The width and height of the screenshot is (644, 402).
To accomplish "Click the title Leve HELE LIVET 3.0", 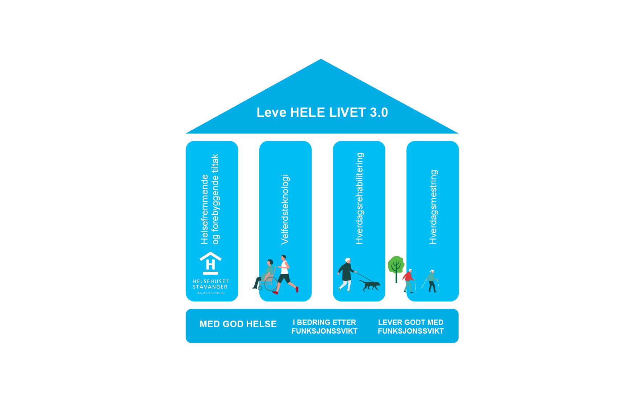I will (322, 113).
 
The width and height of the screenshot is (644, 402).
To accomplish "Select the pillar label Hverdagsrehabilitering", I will (359, 198).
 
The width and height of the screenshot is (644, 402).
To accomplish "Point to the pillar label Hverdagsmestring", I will (433, 207).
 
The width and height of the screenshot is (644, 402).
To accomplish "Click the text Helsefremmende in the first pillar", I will (205, 209).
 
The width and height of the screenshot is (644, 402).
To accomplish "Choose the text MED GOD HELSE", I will (238, 324).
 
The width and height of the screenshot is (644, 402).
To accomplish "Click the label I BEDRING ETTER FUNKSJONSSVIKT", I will (324, 327).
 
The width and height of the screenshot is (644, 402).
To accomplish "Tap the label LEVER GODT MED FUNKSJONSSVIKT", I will (410, 327).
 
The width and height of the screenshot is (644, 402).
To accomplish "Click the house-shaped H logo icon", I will (210, 263).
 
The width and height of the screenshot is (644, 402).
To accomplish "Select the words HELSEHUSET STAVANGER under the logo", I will (210, 284).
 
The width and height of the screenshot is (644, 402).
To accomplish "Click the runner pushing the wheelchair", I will (285, 273).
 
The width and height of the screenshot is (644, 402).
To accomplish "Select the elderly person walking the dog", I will (346, 274).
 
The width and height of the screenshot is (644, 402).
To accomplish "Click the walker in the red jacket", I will (409, 280).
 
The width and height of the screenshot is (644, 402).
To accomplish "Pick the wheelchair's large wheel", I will (271, 284).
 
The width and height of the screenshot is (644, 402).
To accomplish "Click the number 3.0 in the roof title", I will (379, 113).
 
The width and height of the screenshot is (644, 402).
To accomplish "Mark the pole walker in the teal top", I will (432, 280).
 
